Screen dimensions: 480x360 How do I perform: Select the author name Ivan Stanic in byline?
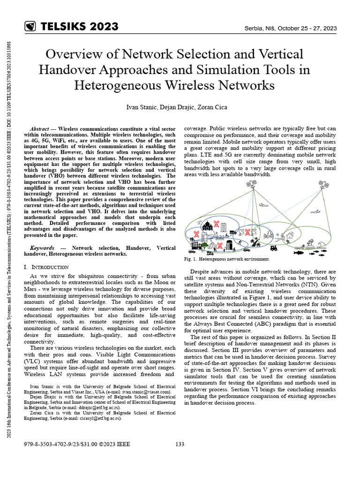141,107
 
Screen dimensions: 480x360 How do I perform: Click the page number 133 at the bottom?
180,444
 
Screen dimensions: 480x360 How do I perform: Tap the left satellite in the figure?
249,184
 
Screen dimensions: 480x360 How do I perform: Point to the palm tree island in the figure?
309,243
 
